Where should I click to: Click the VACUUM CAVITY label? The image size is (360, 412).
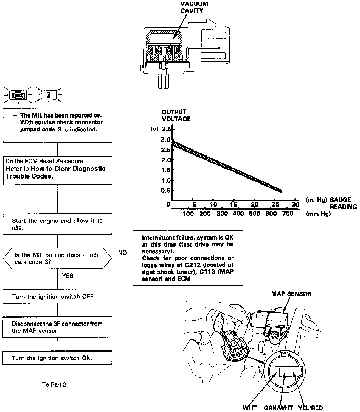[194, 7]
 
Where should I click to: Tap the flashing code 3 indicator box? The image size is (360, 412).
[49, 95]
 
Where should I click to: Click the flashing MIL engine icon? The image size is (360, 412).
[18, 95]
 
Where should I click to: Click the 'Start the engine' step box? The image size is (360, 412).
[57, 224]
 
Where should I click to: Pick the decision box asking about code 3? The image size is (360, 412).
[57, 258]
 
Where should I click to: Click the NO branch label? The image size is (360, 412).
[122, 253]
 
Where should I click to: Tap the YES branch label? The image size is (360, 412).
[68, 275]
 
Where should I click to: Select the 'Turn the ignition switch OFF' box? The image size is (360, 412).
[57, 296]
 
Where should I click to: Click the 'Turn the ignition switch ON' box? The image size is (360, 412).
[57, 358]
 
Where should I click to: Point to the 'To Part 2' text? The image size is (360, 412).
[54, 385]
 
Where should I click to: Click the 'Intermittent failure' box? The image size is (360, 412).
[188, 258]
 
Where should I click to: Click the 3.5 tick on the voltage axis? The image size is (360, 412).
[167, 129]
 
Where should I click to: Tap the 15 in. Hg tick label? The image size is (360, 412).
[233, 204]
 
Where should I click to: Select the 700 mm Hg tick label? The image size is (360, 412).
[288, 214]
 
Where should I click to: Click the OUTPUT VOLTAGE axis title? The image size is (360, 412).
[176, 115]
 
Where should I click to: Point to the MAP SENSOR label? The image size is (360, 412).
[291, 294]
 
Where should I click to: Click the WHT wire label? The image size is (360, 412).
[249, 408]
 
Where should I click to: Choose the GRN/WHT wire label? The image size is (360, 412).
[278, 408]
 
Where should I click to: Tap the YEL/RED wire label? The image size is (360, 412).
[310, 408]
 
